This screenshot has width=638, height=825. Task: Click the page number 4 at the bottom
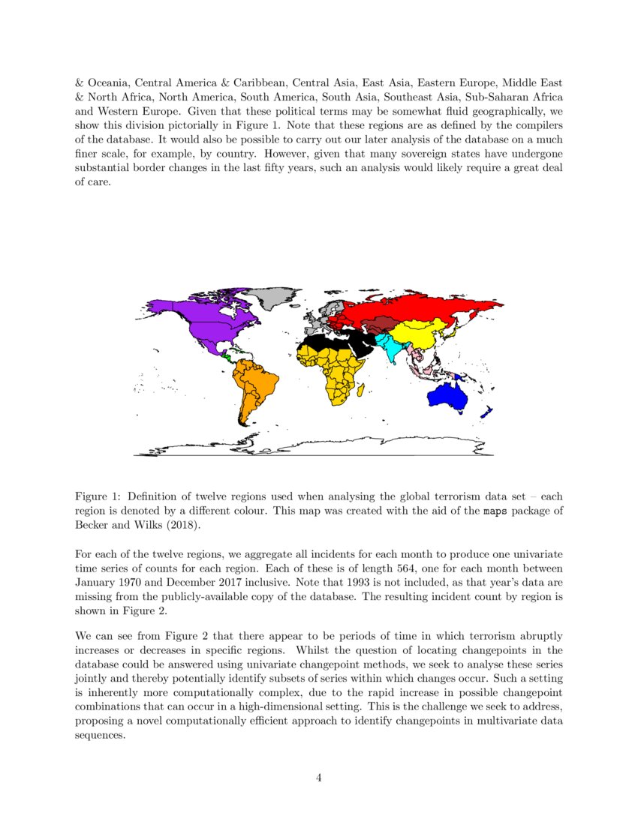319,778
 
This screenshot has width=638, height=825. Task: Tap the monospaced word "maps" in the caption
492,511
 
